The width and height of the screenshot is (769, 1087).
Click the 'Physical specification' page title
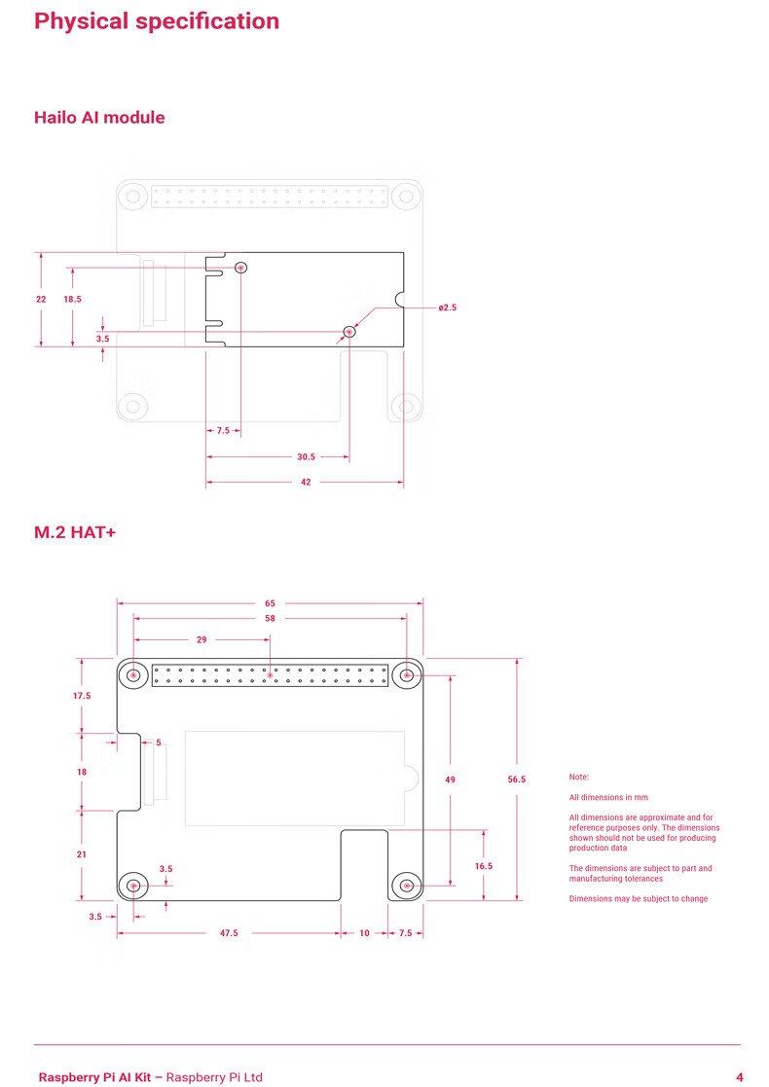pos(157,21)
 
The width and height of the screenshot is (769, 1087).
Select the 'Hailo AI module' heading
pos(99,118)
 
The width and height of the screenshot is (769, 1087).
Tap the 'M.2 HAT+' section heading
pos(75,532)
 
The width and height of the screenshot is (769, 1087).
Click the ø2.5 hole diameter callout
pos(447,308)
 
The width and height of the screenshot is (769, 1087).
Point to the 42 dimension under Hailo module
pos(306,482)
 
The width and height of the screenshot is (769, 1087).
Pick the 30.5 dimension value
pos(306,456)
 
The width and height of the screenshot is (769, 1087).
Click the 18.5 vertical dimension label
pos(72,300)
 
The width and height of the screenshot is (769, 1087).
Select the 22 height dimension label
pos(41,300)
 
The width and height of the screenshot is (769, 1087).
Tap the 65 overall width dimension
pos(270,603)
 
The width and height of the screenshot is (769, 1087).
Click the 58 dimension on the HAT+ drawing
pos(270,618)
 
